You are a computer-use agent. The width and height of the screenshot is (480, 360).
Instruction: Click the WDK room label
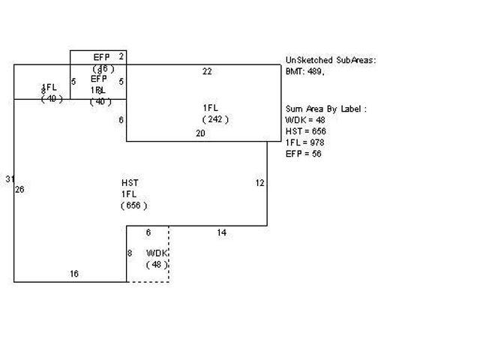(157, 253)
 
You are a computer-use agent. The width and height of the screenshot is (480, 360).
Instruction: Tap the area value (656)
(135, 205)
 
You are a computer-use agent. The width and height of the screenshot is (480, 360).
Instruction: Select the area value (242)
(215, 119)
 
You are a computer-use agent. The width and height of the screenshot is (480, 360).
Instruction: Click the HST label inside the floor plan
(130, 183)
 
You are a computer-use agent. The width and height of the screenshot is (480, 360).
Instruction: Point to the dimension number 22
(207, 71)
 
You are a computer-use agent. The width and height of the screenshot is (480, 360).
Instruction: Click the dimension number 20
(200, 133)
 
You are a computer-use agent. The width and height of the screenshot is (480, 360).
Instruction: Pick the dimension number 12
(259, 183)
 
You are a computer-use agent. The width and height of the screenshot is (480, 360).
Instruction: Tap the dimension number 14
(221, 233)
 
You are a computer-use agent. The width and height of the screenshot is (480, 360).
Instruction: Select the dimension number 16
(74, 274)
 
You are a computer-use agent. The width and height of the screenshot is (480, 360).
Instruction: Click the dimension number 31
(9, 178)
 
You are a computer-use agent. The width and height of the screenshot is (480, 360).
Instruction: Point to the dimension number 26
(19, 190)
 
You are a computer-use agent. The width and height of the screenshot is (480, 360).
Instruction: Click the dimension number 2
(121, 56)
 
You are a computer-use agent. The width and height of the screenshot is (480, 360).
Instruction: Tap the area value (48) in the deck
(157, 265)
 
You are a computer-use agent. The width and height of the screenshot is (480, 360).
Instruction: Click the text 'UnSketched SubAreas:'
(331, 60)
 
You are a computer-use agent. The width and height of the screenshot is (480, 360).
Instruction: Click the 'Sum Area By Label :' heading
(325, 109)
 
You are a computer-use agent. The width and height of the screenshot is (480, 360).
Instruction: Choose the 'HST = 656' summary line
(305, 131)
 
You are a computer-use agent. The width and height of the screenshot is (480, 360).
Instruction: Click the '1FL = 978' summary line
(305, 142)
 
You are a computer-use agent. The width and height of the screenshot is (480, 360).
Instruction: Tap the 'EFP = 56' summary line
(303, 154)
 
